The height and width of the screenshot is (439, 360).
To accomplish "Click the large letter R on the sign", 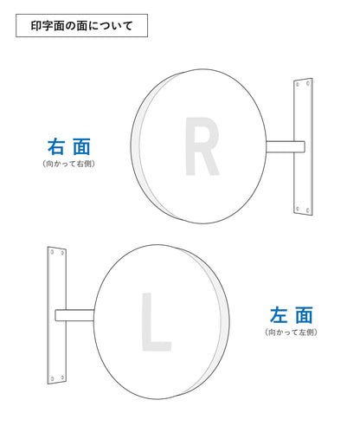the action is coord(202,146).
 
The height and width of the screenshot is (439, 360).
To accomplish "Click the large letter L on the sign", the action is coord(156,322).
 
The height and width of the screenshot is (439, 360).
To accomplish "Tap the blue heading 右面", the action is coord(69,146).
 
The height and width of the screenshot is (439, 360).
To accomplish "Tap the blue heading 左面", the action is coord(292,315).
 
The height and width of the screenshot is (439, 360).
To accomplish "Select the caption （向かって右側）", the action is coord(69,164).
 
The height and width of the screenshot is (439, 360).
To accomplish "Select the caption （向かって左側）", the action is coord(291,332).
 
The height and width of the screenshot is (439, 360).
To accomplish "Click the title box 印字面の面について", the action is coord(81,25).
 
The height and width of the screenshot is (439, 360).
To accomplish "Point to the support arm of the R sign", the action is coord(286,146).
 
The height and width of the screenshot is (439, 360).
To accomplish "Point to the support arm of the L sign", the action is coord(74,315).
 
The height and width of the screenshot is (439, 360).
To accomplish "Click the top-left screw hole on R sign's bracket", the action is coord(298,84).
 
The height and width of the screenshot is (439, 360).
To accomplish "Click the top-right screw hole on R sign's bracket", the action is coord(308,83).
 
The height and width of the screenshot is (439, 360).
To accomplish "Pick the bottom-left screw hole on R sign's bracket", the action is coord(298,209).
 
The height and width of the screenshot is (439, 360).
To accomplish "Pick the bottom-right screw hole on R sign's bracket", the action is coord(308,210).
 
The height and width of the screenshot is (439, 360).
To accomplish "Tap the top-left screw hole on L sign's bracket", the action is coord(52,252).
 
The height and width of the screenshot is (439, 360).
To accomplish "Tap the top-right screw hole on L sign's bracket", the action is coord(62,253).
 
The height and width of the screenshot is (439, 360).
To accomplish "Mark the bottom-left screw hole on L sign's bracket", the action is coord(52,378).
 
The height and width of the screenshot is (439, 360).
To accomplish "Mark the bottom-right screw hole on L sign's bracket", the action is coord(62,378).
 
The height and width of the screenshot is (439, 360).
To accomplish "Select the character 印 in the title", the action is coord(36,26).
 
